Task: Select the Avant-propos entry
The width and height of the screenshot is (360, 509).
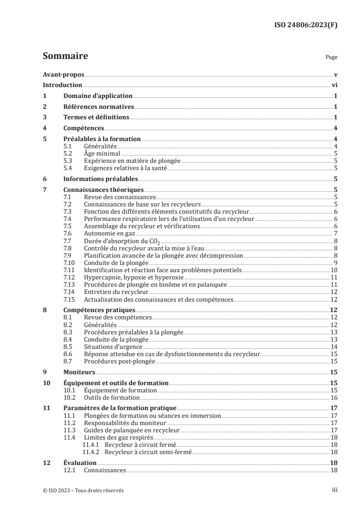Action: [x=64, y=74]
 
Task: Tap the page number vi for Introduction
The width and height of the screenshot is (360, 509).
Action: [x=334, y=85]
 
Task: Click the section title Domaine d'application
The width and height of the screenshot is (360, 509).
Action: [x=98, y=96]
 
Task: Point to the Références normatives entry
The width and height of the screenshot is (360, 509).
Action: [x=99, y=107]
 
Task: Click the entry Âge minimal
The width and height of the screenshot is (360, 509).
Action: [x=102, y=153]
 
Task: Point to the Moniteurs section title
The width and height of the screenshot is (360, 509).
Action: [x=79, y=372]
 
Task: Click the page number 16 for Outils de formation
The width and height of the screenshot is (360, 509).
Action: [x=333, y=397]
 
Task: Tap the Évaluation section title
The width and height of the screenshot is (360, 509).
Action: [x=80, y=463]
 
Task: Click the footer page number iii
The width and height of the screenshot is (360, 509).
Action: [x=334, y=490]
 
